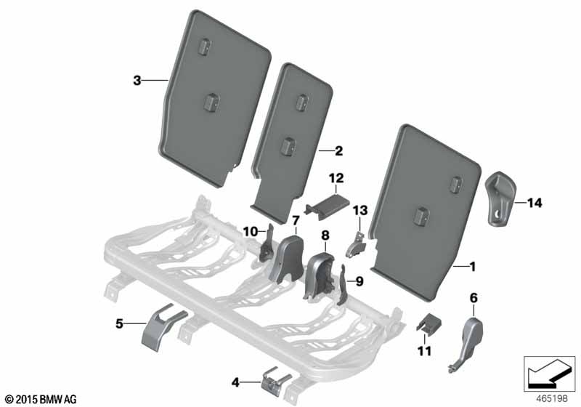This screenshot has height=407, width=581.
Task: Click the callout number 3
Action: (x=137, y=80)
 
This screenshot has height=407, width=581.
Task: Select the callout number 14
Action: (x=535, y=203)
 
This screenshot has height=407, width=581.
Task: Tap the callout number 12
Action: (x=336, y=178)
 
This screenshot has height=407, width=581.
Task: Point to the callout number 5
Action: (x=119, y=323)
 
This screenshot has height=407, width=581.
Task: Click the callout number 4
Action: (x=235, y=382)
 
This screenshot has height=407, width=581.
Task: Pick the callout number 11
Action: (x=425, y=350)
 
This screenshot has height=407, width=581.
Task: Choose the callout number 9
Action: (x=359, y=282)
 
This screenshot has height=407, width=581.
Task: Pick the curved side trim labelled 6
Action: (x=468, y=342)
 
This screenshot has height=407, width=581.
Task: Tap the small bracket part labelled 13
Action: (x=355, y=245)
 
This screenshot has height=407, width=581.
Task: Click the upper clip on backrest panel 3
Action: (x=204, y=47)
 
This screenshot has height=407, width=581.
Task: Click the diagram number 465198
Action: (x=552, y=398)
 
